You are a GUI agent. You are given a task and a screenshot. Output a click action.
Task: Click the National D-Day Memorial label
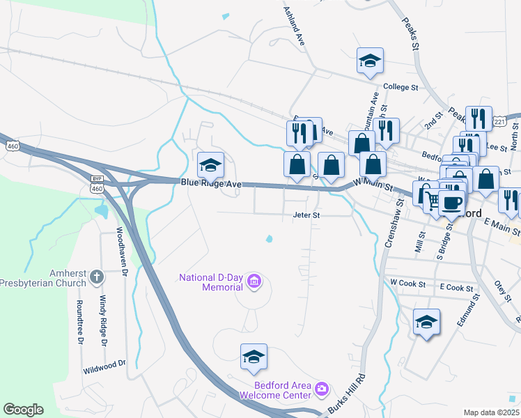pyautogui.click(x=210, y=281)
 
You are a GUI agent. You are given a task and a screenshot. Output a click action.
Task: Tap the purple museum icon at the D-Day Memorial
pyautogui.click(x=255, y=281)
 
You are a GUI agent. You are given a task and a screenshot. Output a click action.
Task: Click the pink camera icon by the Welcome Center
pyautogui.click(x=321, y=387)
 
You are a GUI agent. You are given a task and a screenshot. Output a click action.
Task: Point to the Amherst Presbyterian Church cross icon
pyautogui.click(x=97, y=277)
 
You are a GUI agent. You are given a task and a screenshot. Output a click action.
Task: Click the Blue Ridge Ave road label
pyautogui.click(x=210, y=183)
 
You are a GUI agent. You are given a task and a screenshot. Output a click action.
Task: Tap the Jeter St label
pyautogui.click(x=306, y=216)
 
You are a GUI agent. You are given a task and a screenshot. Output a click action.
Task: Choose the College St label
pyautogui.click(x=400, y=88)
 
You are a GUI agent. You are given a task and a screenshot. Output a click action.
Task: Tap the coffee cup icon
pyautogui.click(x=452, y=202)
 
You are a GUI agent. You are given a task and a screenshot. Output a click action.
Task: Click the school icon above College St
pyautogui.click(x=370, y=61)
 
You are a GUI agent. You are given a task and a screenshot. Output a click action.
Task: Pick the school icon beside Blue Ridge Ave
pyautogui.click(x=210, y=164)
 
